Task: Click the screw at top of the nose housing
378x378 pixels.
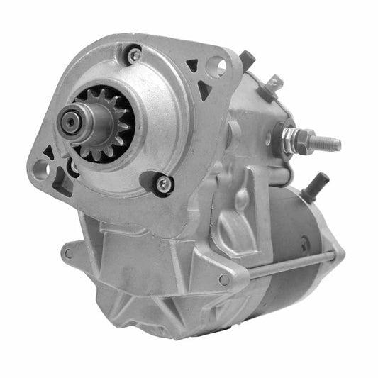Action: [x=133, y=54]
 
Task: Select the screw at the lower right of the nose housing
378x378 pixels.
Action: [x=164, y=184]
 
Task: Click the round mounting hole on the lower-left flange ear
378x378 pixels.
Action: [x=41, y=169]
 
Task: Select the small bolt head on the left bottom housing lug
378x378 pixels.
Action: [x=67, y=252]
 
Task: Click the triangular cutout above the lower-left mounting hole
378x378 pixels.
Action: [x=48, y=152]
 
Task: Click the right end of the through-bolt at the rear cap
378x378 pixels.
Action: [x=332, y=253]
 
